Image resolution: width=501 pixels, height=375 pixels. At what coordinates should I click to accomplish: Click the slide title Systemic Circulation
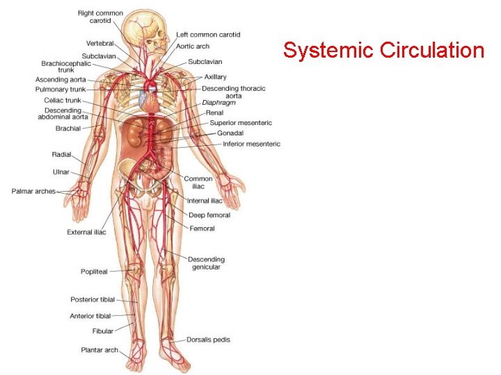(383, 51)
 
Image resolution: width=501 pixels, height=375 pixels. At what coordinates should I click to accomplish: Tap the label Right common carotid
(100, 17)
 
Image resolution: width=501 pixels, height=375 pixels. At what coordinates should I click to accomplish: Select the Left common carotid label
(208, 35)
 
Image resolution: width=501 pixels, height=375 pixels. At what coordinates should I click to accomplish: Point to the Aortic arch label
(193, 47)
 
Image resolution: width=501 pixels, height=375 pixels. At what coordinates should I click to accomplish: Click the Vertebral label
(100, 44)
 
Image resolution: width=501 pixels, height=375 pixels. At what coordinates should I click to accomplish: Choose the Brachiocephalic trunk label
(66, 67)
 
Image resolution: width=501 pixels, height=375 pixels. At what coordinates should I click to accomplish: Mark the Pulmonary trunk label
(61, 90)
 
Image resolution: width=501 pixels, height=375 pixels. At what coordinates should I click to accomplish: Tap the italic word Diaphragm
(218, 103)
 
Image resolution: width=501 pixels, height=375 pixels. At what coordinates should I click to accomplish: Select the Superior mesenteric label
(241, 123)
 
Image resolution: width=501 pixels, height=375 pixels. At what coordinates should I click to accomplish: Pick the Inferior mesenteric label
(251, 144)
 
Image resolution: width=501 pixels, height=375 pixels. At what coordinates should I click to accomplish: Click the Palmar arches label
(33, 191)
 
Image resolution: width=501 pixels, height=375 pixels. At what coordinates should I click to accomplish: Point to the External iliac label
(86, 232)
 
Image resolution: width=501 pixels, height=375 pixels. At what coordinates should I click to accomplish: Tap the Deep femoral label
(209, 215)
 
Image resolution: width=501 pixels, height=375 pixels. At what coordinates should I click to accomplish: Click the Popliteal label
(94, 272)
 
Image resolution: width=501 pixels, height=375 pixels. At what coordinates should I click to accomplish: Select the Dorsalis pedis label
(208, 340)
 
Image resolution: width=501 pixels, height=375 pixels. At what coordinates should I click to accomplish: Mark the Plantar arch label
(100, 350)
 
